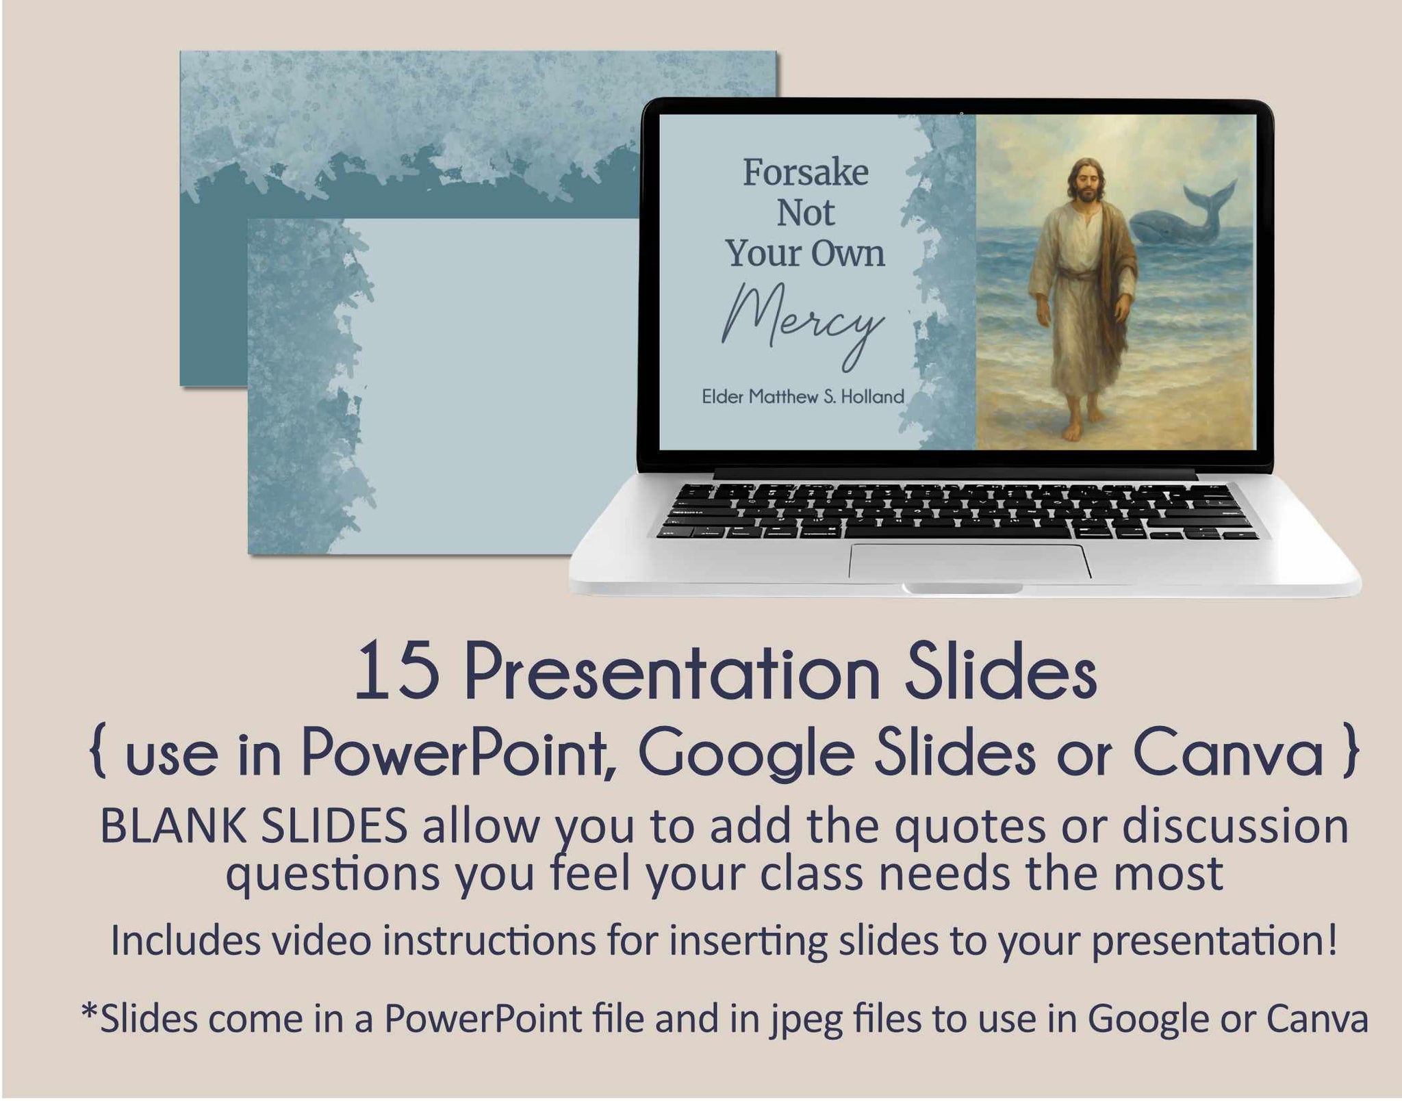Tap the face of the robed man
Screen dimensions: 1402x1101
coord(1078,179)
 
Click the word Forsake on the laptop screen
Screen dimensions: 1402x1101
coord(806,172)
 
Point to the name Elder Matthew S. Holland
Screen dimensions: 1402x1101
coord(803,396)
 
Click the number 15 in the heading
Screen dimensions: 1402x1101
coord(397,673)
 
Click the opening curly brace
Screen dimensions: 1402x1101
coord(99,754)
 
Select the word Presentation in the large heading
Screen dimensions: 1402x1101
coord(672,673)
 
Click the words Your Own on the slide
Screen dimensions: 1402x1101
coord(805,253)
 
